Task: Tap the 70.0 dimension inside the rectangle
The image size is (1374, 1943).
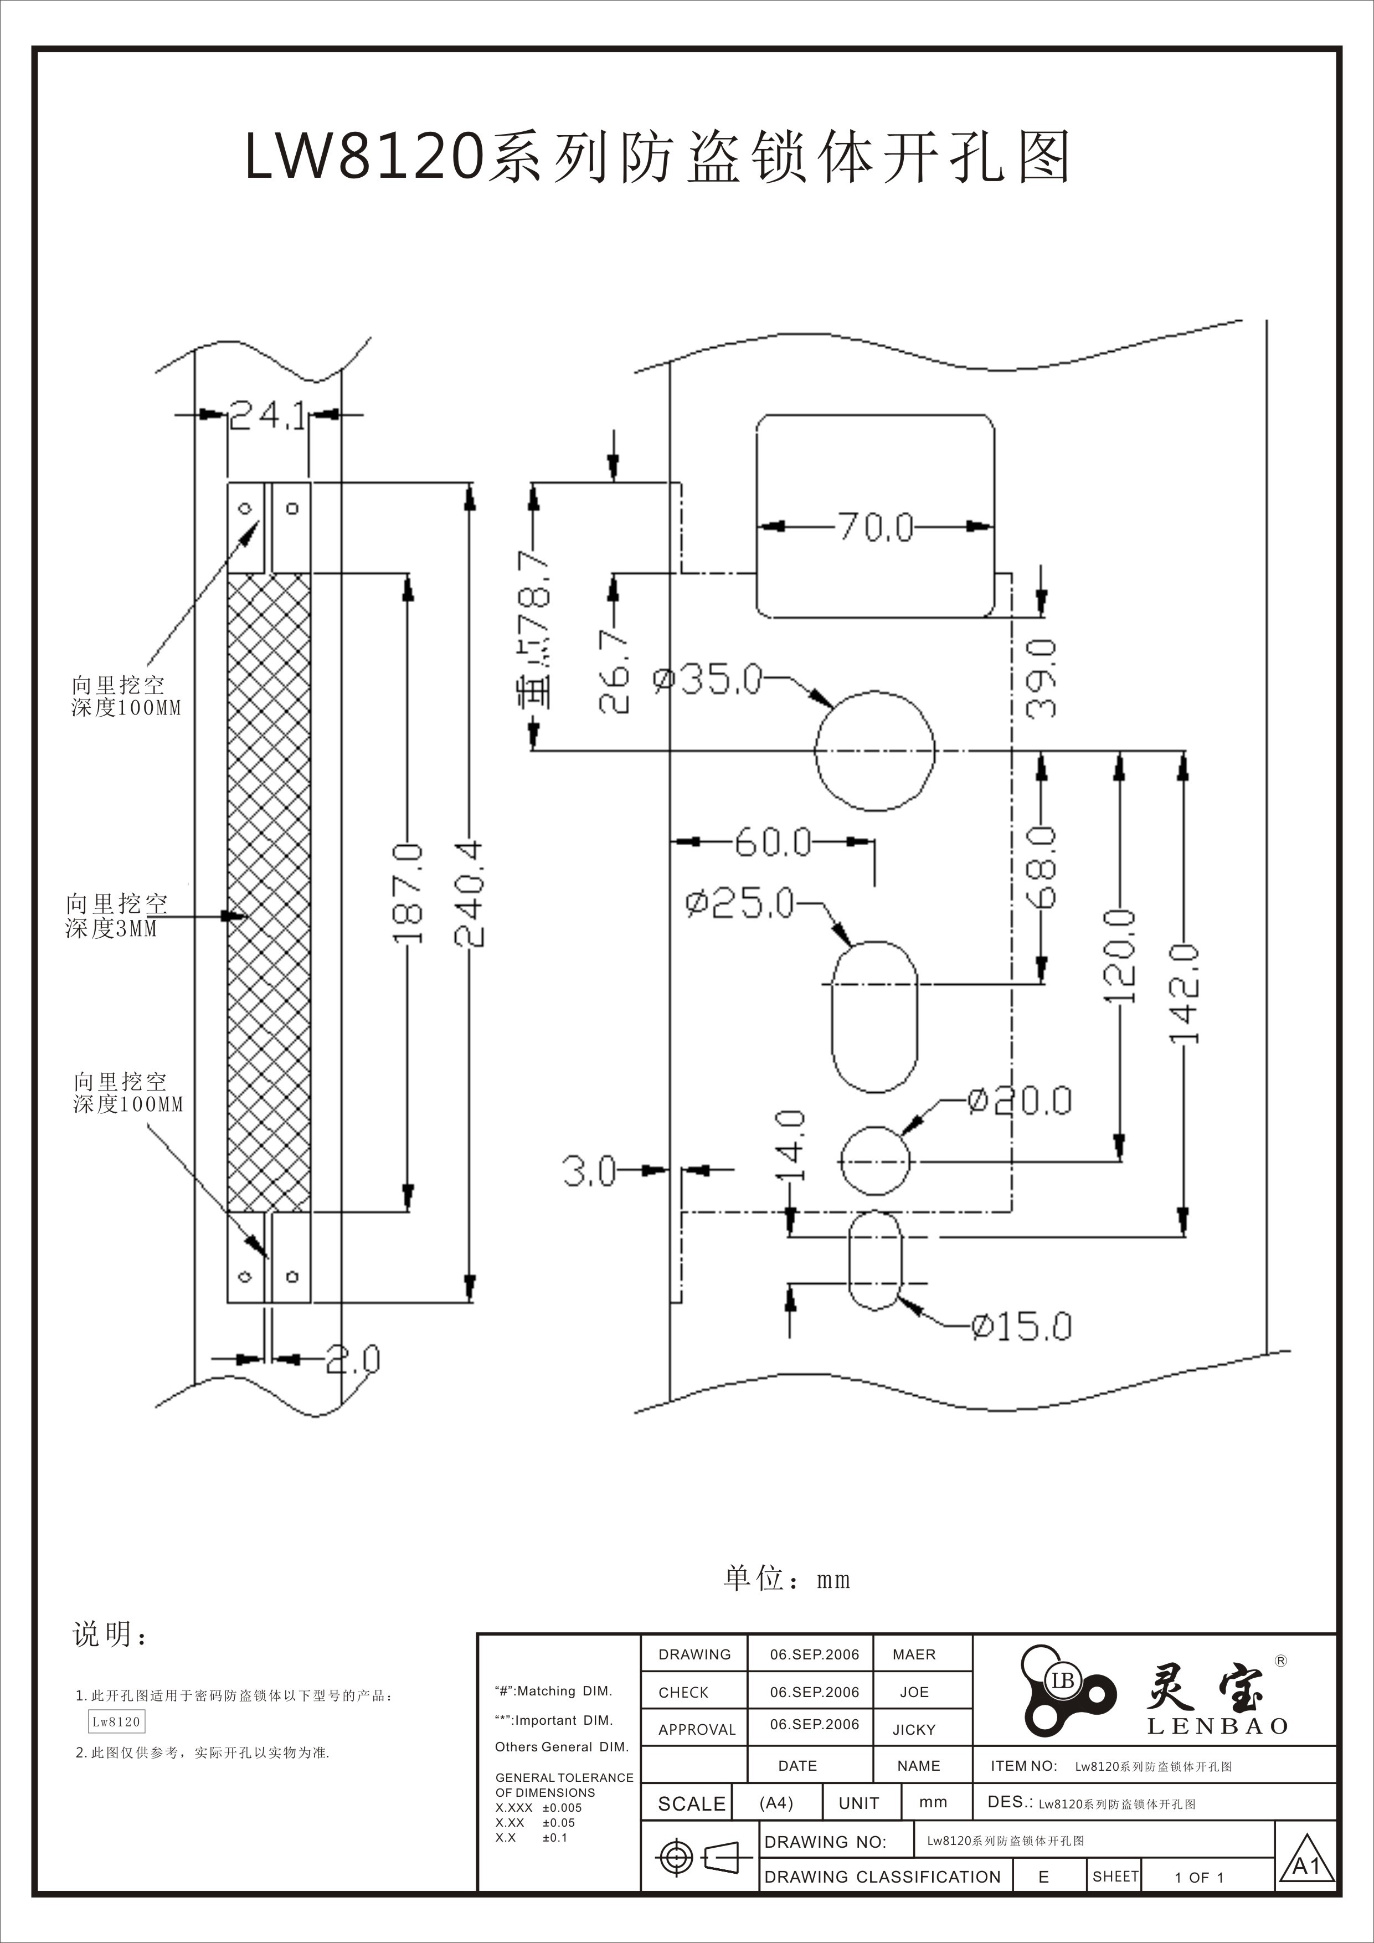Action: [876, 526]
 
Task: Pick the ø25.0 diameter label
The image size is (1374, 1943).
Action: [740, 904]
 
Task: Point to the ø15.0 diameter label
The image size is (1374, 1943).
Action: [1021, 1326]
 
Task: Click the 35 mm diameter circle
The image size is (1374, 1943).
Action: [875, 751]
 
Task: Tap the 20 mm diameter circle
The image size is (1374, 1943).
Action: [875, 1161]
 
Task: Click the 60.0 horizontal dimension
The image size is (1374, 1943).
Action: [773, 842]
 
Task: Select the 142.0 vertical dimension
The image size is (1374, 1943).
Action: [1185, 994]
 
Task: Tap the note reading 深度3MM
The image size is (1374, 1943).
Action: [112, 928]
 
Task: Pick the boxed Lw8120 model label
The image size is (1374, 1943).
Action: [117, 1721]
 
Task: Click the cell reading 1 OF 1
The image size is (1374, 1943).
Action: [1199, 1877]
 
